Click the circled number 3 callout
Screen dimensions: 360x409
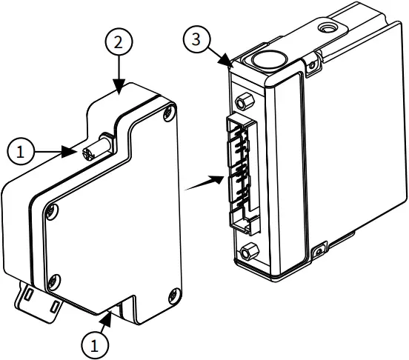coord(196,39)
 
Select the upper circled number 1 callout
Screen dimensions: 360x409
coord(21,151)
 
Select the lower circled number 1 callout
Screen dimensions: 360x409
coord(93,344)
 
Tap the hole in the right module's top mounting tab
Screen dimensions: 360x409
coord(325,29)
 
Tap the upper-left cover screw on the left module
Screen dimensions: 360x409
coord(50,213)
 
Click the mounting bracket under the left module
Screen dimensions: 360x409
coord(37,300)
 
